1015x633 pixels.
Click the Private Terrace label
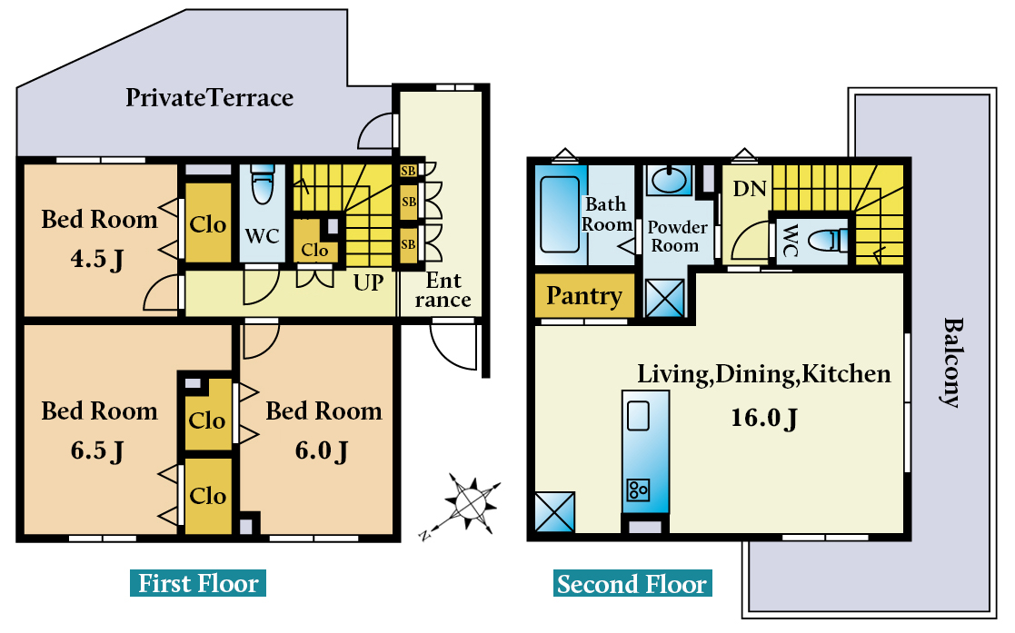click(x=209, y=97)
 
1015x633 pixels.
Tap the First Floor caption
click(x=198, y=583)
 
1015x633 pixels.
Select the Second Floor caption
click(x=632, y=583)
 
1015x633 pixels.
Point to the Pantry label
click(x=584, y=295)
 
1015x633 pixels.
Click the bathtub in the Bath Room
click(x=559, y=213)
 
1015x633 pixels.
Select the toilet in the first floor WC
click(x=263, y=184)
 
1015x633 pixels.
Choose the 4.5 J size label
click(x=97, y=259)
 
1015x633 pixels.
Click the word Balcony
click(x=951, y=361)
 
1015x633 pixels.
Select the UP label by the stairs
click(x=368, y=282)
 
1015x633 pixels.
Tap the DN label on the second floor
click(x=750, y=189)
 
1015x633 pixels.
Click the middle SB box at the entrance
click(x=409, y=202)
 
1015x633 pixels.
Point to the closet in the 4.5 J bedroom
click(x=208, y=223)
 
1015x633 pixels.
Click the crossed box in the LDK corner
click(x=554, y=511)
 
